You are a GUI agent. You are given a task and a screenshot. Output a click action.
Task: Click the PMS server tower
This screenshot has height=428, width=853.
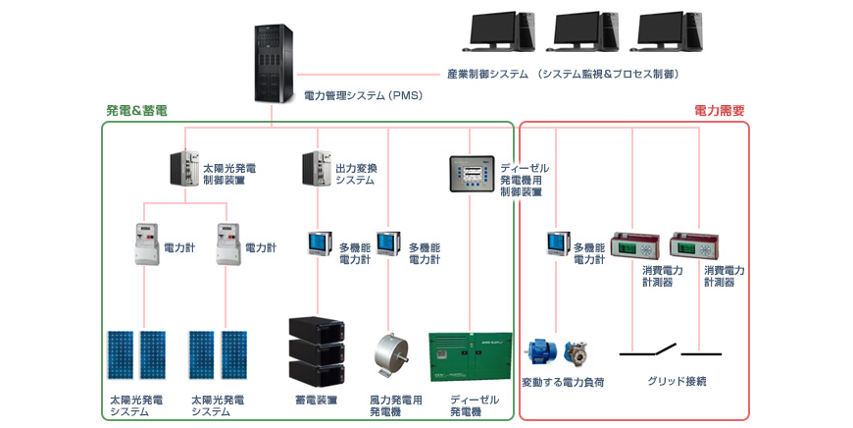coord(274,64)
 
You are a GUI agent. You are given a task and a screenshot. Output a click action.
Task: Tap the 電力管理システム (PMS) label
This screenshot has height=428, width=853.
coord(364,96)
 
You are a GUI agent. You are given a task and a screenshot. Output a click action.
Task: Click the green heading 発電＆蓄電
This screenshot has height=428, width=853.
coord(136,111)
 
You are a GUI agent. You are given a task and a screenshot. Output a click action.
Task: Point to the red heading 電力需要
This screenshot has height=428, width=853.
coord(720,111)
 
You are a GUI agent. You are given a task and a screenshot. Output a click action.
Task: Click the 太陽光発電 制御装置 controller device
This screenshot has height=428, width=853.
coord(184,168)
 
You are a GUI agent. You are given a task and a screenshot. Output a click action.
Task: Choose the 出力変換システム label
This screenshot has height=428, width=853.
coord(356,175)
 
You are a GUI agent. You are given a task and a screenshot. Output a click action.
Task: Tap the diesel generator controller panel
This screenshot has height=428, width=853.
coord(472,174)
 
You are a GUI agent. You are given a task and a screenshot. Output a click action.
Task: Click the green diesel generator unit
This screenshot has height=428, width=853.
coord(471,356)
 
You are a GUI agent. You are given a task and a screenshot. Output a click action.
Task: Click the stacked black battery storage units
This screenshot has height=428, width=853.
coord(317,351)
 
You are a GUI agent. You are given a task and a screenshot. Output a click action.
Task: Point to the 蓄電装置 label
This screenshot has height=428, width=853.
coord(316,401)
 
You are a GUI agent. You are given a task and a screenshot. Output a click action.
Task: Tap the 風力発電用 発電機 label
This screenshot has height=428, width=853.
coord(395,406)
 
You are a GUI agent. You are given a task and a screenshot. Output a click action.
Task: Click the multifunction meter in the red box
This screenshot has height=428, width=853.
coord(559,243)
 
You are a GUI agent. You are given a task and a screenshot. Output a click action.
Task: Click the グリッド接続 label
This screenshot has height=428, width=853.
coord(677,381)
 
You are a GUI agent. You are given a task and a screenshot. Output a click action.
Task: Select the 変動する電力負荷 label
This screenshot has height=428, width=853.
coord(563,382)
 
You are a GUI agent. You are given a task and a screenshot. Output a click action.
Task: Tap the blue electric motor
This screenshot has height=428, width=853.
coord(540,352)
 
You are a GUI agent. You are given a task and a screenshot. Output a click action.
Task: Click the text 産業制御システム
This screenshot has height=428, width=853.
coord(487,74)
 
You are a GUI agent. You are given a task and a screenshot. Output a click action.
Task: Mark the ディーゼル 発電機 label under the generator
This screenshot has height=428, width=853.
coord(475,406)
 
